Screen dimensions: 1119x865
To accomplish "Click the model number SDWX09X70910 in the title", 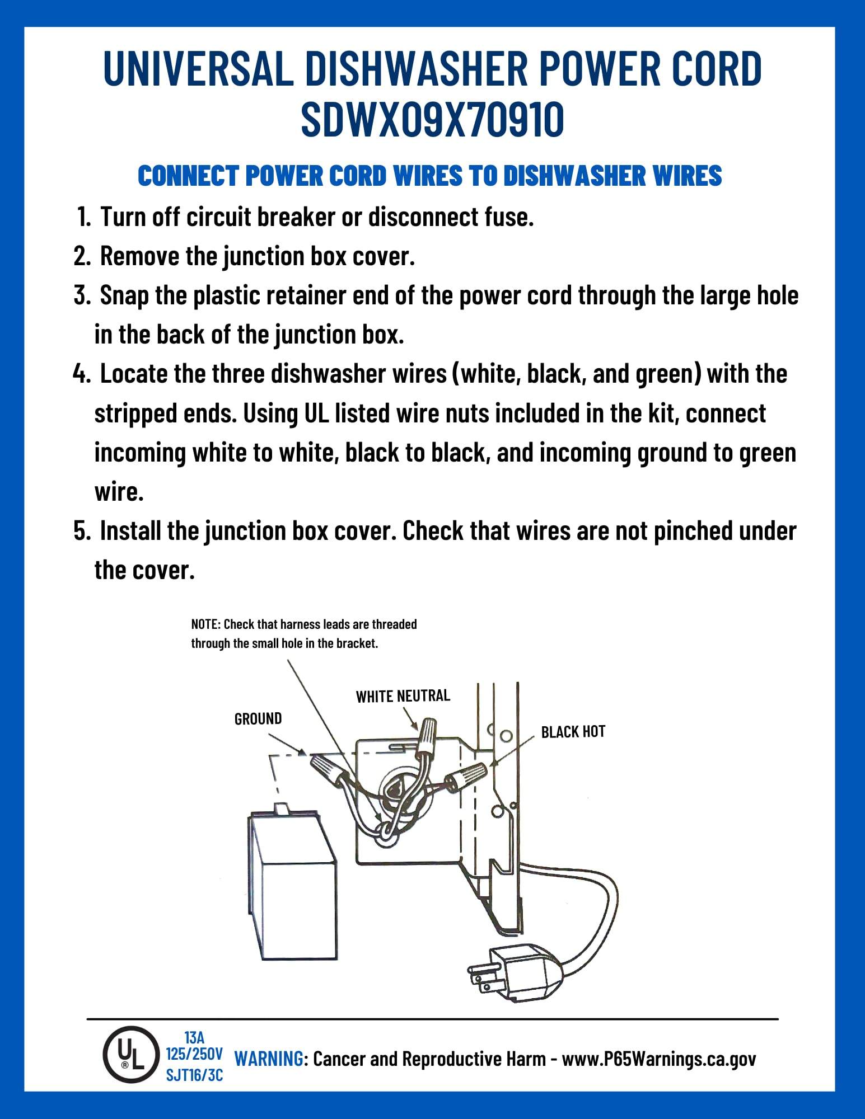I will click(432, 120).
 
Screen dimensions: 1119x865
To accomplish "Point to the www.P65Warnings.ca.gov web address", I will click(658, 1059).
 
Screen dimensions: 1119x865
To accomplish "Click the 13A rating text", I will click(194, 1038).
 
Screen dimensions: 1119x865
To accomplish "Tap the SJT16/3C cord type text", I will click(194, 1075).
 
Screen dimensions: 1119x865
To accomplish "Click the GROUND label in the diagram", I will click(258, 718).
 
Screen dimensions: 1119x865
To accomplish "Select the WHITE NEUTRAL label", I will click(403, 695).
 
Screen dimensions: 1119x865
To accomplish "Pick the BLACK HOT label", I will click(573, 732).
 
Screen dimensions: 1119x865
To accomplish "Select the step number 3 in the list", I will click(82, 295).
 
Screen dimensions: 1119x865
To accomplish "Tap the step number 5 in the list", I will click(82, 531).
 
